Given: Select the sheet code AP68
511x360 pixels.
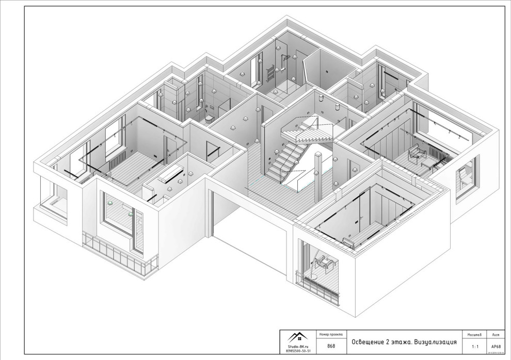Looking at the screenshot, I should tap(496, 346).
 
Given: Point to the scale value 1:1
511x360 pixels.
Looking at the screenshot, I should tap(474, 346).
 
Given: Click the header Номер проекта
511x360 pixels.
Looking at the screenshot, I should tap(331, 334).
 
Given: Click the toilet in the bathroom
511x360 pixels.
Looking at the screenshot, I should tap(209, 118).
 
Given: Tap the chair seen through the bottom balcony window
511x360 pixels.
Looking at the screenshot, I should tap(324, 263).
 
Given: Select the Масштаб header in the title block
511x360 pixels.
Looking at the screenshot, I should tap(474, 334).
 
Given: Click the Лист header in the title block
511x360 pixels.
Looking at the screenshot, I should tap(496, 334).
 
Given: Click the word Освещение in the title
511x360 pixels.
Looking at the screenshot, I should tap(370, 342).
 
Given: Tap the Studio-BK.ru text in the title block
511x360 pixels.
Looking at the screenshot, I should tap(299, 346).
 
